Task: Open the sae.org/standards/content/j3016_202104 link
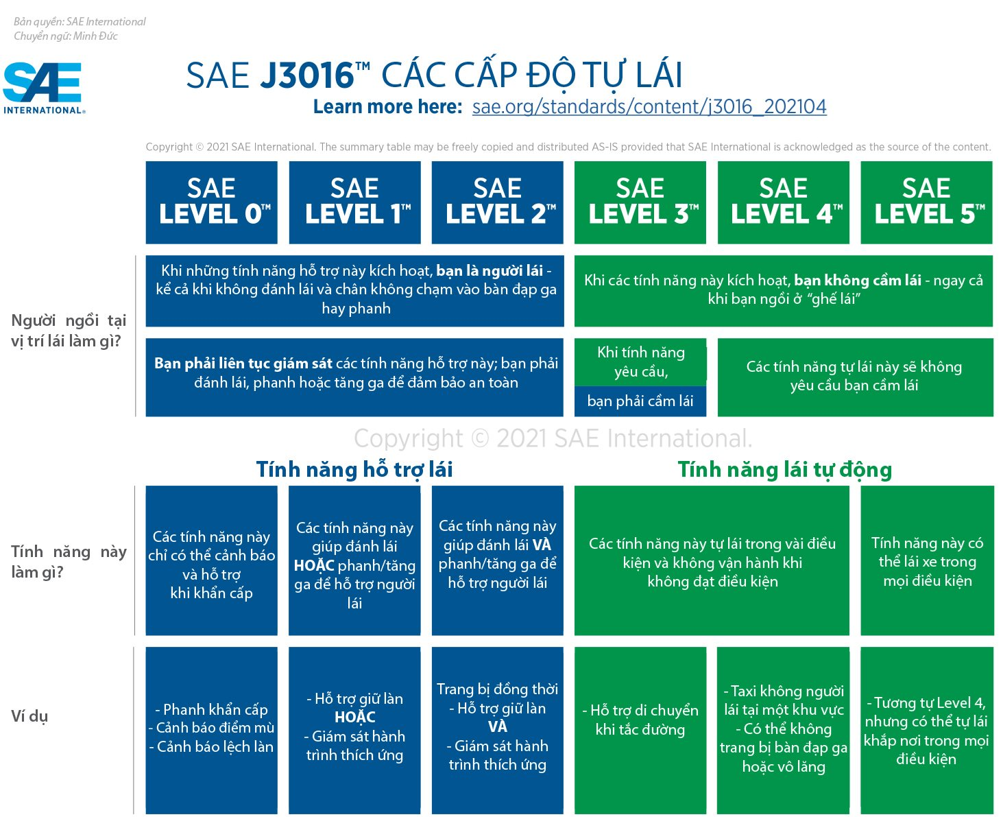(x=649, y=107)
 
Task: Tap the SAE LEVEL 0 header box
(x=211, y=202)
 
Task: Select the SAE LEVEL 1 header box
(x=354, y=202)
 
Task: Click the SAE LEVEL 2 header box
(x=497, y=202)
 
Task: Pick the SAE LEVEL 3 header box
(x=640, y=202)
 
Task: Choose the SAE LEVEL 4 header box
(x=783, y=202)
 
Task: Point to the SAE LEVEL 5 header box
(x=926, y=202)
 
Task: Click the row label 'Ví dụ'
(x=29, y=717)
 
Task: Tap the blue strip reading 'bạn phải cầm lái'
(x=640, y=401)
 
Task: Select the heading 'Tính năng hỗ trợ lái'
(x=354, y=470)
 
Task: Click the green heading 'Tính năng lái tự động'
(x=784, y=470)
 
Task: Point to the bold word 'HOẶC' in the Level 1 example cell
(x=354, y=718)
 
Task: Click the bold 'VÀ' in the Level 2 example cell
(x=497, y=727)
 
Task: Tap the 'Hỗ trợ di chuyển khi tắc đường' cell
(x=640, y=720)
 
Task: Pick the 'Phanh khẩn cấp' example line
(x=211, y=709)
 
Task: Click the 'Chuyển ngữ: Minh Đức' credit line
(x=66, y=36)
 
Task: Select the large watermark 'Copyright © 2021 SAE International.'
(x=553, y=438)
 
